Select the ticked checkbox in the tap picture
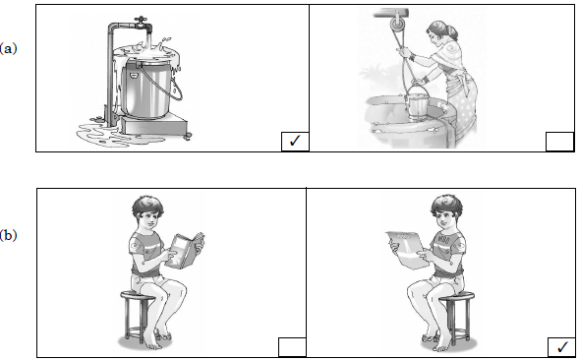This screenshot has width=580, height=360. [x=295, y=142]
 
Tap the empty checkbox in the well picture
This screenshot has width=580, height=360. [x=559, y=142]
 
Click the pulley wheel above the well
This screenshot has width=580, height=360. [x=396, y=26]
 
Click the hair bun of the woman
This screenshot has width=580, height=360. [x=452, y=32]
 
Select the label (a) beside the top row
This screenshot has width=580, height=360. [x=8, y=48]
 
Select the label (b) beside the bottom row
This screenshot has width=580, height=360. [x=8, y=235]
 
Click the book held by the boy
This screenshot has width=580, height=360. [x=184, y=250]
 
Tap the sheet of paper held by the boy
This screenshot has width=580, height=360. [x=405, y=249]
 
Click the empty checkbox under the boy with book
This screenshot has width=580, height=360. [x=292, y=347]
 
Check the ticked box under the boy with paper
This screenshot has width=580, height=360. [x=561, y=347]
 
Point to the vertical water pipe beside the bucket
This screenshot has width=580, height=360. [x=111, y=74]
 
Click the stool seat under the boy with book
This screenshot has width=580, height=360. [x=136, y=295]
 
